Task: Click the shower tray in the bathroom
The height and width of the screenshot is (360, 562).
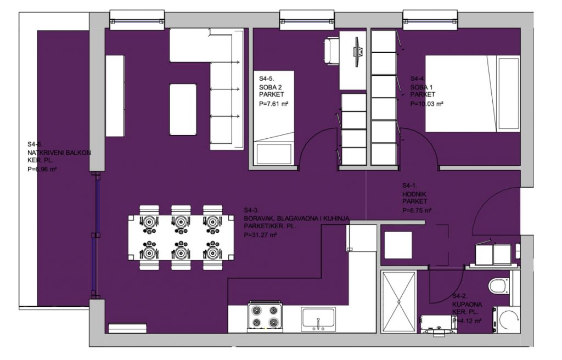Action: coord(399,302)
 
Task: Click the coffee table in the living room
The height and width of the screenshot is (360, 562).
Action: coord(183,109)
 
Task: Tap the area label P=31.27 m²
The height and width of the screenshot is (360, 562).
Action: coord(260,235)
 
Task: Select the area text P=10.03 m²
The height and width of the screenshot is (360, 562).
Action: coord(426,104)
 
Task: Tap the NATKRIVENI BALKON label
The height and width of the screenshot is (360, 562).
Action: coord(59,153)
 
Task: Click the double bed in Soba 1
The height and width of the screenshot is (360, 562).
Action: coord(473,94)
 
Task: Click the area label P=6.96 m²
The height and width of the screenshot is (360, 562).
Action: coord(42,169)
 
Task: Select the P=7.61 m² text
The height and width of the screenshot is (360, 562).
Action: coord(274,104)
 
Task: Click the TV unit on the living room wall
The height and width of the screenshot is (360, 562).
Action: coord(115,95)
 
